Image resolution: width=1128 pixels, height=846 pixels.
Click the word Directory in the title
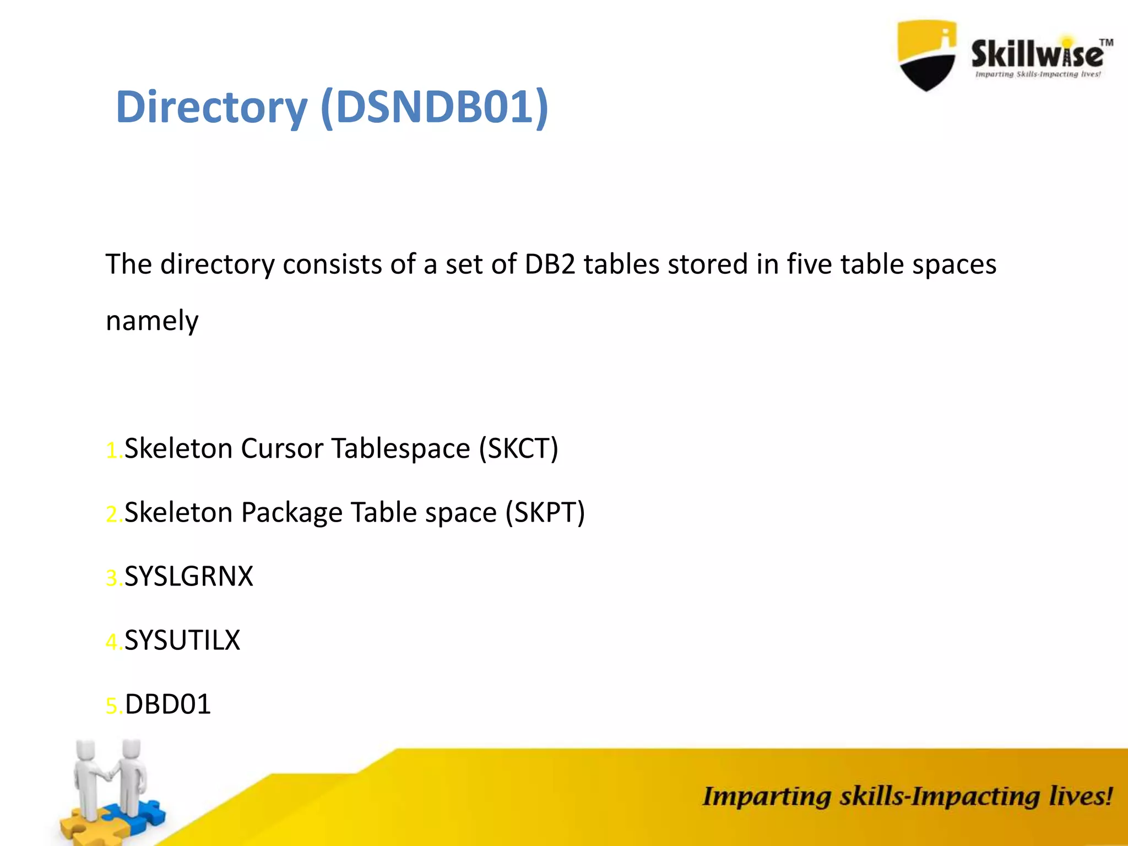tap(211, 107)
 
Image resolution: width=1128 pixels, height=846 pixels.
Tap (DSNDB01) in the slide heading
tap(434, 107)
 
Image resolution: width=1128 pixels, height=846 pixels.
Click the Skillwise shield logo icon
tap(926, 55)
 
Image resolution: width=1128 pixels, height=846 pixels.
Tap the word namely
tap(152, 321)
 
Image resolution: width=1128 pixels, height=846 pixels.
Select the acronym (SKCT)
tap(518, 448)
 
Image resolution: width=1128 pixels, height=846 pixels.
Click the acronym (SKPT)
tap(545, 512)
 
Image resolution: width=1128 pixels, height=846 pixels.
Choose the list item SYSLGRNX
tap(189, 577)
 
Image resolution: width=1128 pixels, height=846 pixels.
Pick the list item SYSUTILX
tap(182, 641)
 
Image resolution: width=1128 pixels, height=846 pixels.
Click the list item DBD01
tap(168, 704)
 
